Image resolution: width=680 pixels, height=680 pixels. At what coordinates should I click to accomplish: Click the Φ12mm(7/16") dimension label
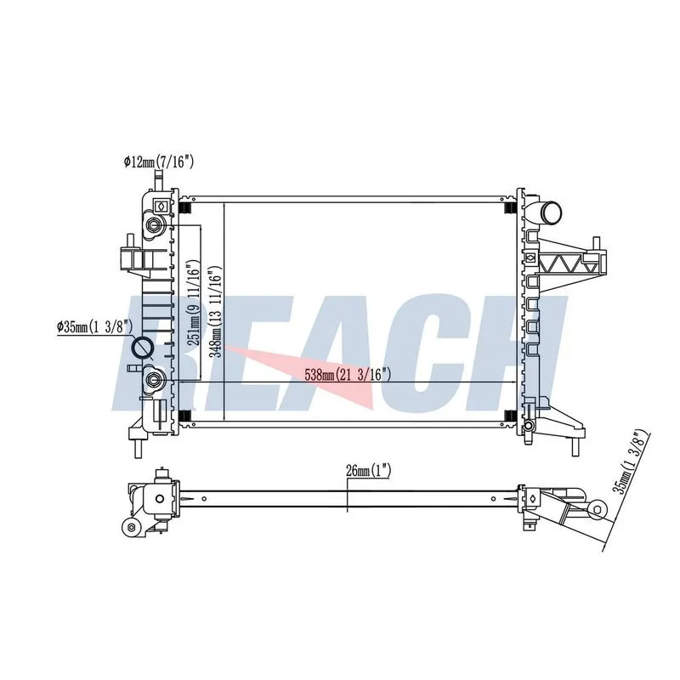(158, 162)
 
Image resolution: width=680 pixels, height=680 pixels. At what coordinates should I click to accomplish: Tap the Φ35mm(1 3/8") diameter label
(95, 327)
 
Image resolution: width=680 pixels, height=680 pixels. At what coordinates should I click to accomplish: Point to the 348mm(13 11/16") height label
(216, 311)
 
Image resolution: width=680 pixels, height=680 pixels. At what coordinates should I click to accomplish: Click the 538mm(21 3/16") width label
(348, 374)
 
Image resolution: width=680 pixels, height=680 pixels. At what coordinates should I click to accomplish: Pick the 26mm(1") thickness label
(369, 471)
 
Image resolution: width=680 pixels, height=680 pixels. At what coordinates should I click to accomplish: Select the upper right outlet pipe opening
(552, 213)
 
